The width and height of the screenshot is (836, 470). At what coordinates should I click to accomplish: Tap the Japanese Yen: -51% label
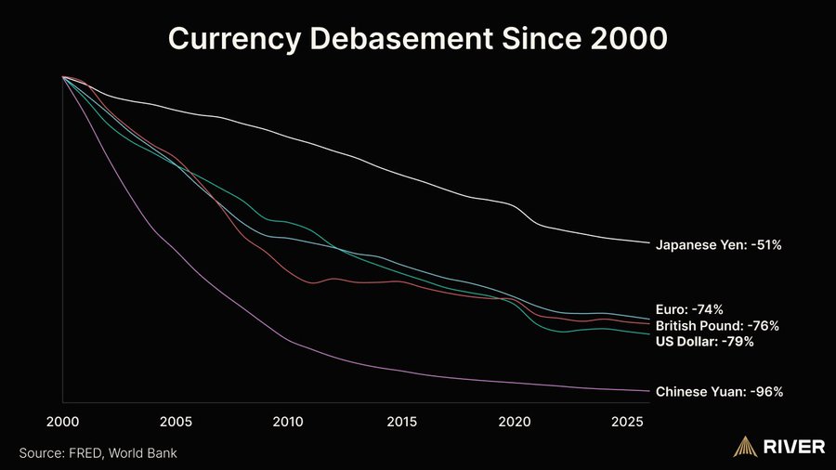click(x=718, y=245)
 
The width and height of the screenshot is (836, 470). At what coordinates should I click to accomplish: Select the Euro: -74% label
click(x=689, y=309)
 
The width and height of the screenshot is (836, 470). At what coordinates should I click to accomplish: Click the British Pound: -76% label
click(x=716, y=326)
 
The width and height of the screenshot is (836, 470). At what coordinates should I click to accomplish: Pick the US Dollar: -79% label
click(x=704, y=342)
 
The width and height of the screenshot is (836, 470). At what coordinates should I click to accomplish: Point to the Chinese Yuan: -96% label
click(x=719, y=392)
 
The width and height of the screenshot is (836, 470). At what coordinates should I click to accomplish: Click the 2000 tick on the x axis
click(x=62, y=422)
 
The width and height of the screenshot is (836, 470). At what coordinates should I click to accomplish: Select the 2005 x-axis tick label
click(x=176, y=422)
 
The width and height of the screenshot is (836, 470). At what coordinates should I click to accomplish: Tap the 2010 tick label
click(x=288, y=422)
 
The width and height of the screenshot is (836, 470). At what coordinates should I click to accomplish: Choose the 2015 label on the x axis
click(x=401, y=422)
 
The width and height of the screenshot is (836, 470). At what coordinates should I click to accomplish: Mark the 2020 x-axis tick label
click(x=515, y=422)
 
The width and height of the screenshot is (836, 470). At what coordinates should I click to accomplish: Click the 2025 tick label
click(x=628, y=422)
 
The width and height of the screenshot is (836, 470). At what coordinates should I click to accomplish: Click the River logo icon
click(x=745, y=447)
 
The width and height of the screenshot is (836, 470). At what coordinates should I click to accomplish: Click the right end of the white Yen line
click(x=648, y=243)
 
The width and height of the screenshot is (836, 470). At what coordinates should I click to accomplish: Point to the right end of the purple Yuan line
click(x=648, y=391)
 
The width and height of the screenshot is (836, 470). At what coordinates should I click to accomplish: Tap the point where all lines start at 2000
click(x=63, y=77)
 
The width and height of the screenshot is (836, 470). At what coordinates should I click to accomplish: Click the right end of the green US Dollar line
click(x=648, y=333)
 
